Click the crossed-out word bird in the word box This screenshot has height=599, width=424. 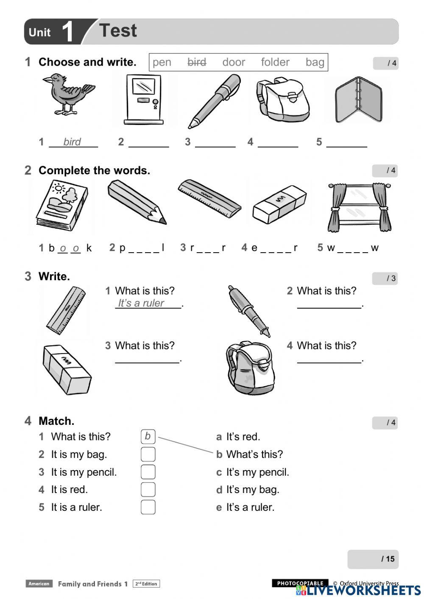click(197, 62)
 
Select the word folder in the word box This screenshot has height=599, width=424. click(275, 62)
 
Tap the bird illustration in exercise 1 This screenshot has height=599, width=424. click(68, 94)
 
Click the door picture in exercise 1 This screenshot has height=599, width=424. click(144, 99)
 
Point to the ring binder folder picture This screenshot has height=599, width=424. click(358, 100)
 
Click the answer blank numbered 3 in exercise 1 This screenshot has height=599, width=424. click(215, 142)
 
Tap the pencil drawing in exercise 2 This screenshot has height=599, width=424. click(137, 201)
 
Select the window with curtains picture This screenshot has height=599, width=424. click(359, 207)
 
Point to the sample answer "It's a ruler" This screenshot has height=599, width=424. click(141, 303)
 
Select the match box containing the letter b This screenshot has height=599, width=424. click(148, 436)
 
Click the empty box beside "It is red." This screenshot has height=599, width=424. click(148, 490)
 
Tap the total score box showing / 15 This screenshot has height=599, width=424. click(373, 559)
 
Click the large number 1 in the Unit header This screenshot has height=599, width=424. click(68, 32)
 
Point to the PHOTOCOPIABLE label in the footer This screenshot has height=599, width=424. click(300, 583)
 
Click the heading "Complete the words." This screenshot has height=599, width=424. click(94, 170)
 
